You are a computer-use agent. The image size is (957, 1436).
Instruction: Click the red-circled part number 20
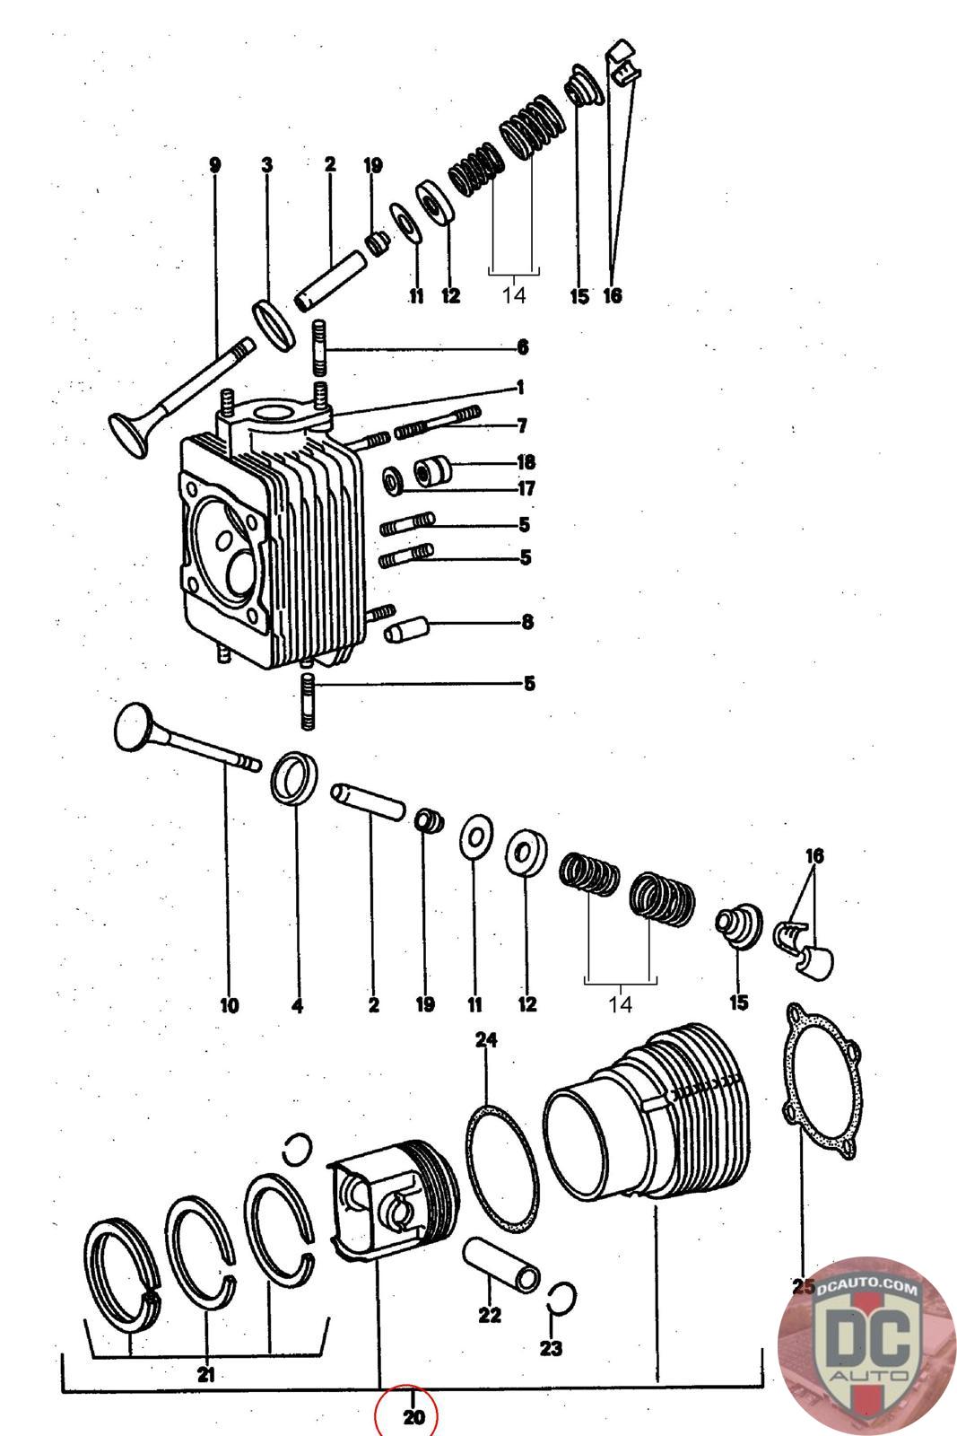pyautogui.click(x=412, y=1416)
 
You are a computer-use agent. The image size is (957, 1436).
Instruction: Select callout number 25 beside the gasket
pyautogui.click(x=804, y=1287)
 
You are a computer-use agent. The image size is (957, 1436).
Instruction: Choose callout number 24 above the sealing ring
pyautogui.click(x=486, y=1040)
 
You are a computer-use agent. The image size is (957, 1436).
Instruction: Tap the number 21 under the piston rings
pyautogui.click(x=205, y=1373)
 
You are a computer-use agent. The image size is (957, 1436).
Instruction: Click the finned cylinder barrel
pyautogui.click(x=655, y=1122)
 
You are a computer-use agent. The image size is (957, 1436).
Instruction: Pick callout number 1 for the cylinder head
pyautogui.click(x=519, y=388)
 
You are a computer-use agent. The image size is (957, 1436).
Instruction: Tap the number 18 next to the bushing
pyautogui.click(x=526, y=462)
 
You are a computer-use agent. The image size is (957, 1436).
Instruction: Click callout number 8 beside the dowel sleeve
pyautogui.click(x=527, y=621)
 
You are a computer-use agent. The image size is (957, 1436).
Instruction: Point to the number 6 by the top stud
pyautogui.click(x=523, y=347)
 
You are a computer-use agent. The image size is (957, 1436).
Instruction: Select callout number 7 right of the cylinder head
pyautogui.click(x=522, y=425)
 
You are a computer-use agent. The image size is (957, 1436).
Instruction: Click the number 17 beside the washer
pyautogui.click(x=526, y=488)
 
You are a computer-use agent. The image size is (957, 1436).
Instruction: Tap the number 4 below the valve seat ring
pyautogui.click(x=297, y=1005)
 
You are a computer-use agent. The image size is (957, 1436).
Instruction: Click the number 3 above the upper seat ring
pyautogui.click(x=266, y=165)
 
